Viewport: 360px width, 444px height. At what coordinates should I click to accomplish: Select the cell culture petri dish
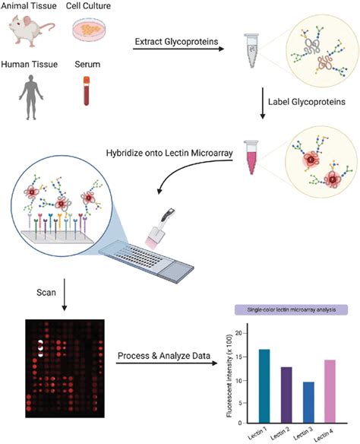click(89, 30)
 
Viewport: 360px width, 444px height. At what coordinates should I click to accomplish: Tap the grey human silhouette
click(31, 97)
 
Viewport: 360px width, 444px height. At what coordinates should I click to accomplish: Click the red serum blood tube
click(87, 91)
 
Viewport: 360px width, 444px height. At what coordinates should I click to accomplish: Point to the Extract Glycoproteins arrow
click(178, 49)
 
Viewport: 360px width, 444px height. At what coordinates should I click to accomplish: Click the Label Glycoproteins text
click(307, 102)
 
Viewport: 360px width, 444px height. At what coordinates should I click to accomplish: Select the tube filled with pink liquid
click(251, 157)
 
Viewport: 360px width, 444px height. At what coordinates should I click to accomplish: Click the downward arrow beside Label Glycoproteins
click(263, 103)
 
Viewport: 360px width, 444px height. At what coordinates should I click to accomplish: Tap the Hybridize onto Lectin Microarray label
click(169, 153)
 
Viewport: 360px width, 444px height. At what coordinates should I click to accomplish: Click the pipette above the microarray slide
click(160, 229)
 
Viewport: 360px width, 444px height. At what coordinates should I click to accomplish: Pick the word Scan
click(46, 292)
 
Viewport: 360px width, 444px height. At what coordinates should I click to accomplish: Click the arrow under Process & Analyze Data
click(167, 363)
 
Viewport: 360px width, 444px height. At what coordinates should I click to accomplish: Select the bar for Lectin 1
click(264, 386)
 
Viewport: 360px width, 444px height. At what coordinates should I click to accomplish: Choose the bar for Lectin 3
click(308, 402)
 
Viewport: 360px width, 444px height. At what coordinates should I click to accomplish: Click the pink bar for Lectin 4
click(330, 392)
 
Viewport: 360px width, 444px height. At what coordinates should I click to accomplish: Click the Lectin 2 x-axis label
click(280, 433)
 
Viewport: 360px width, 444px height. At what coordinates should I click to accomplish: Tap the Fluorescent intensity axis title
click(229, 376)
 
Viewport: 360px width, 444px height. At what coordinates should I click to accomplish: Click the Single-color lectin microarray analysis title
click(292, 309)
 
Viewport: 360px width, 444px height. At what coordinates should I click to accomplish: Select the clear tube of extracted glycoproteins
click(251, 50)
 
